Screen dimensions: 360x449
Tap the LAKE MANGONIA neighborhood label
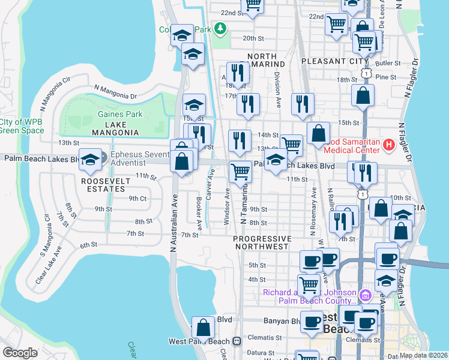click(x=115, y=132)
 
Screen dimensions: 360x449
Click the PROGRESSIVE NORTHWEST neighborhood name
click(x=262, y=242)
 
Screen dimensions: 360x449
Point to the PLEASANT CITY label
click(x=334, y=61)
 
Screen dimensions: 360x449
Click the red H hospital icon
click(x=388, y=145)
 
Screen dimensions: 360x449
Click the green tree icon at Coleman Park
click(x=221, y=28)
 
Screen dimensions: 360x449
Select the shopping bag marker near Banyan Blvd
click(x=203, y=328)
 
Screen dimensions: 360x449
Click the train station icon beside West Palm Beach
click(x=237, y=341)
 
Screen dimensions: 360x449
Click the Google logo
click(x=20, y=352)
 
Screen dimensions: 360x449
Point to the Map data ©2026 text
click(x=423, y=355)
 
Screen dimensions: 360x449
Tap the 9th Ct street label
click(x=137, y=198)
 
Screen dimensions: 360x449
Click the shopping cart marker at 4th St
click(x=309, y=284)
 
